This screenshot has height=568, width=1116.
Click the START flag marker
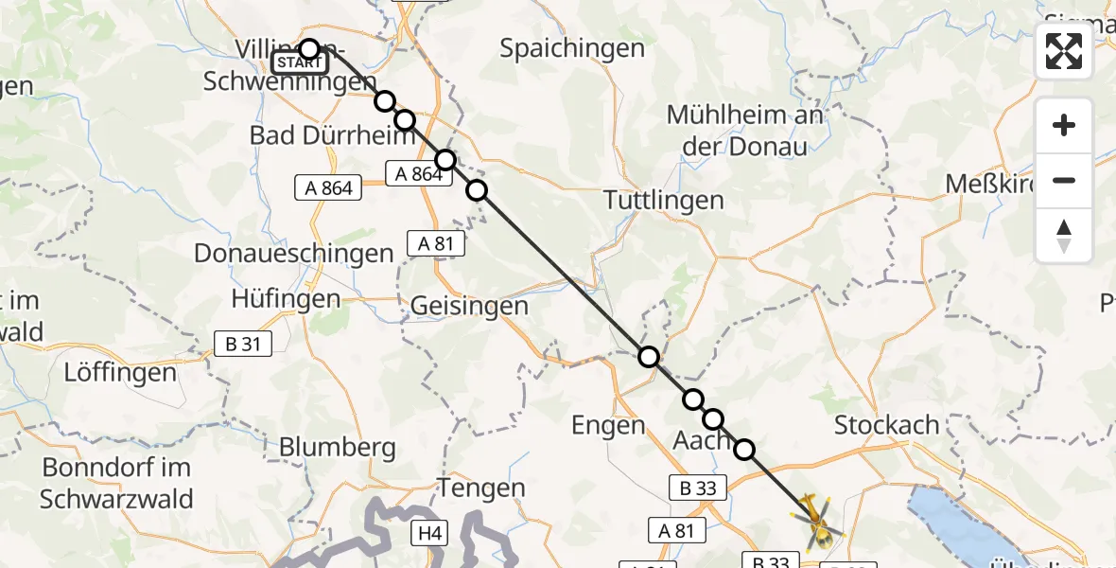pyautogui.click(x=299, y=62)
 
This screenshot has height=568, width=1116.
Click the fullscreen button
pyautogui.click(x=1064, y=51)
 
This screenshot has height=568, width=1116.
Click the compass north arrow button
pyautogui.click(x=1064, y=236)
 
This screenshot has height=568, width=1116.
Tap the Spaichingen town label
pyautogui.click(x=572, y=48)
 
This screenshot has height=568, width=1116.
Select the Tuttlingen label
pyautogui.click(x=664, y=201)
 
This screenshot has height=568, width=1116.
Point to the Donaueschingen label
pyautogui.click(x=294, y=254)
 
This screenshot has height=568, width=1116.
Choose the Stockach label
pyautogui.click(x=887, y=425)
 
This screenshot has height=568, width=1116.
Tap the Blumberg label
pyautogui.click(x=337, y=446)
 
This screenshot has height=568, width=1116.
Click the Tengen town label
pyautogui.click(x=481, y=488)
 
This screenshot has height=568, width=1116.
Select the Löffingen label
pyautogui.click(x=120, y=372)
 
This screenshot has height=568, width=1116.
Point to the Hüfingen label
pyautogui.click(x=286, y=299)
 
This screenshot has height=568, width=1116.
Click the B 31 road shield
pyautogui.click(x=245, y=345)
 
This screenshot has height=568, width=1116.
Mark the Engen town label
pyautogui.click(x=608, y=426)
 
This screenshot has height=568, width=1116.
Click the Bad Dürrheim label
pyautogui.click(x=332, y=135)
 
